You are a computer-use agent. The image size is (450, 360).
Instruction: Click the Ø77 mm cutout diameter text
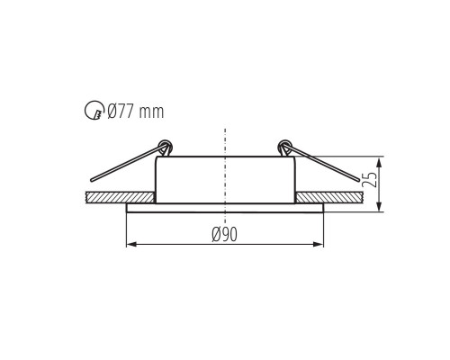coord(136,112)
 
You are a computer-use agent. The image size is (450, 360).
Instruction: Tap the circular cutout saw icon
coord(94,111)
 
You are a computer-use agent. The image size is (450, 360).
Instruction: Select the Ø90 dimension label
coord(224,234)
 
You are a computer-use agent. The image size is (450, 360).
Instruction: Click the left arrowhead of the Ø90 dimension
coord(131,244)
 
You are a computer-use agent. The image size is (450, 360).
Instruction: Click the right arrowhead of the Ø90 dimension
coord(319,244)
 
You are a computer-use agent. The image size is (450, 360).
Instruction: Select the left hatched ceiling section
coord(120,197)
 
